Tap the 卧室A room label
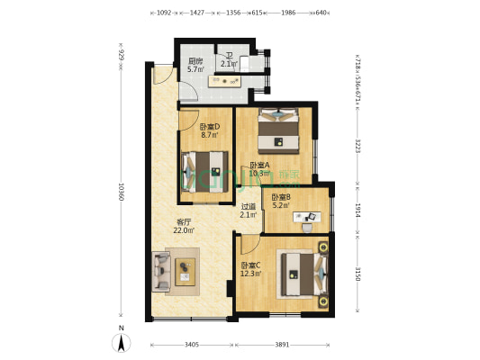coord(258,165)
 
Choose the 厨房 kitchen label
coord(195,61)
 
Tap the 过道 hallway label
coord(249,206)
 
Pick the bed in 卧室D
coord(204,168)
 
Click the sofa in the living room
coord(163,269)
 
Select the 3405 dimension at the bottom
coord(191,345)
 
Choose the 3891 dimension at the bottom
coord(283,345)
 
